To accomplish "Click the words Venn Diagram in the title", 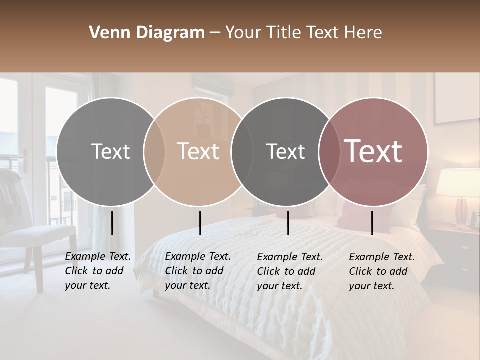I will tap(147, 33).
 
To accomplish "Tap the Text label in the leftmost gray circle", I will tap(110, 151).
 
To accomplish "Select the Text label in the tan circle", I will tap(198, 151).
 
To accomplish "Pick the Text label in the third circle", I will tap(285, 151).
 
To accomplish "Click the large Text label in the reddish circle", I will tap(373, 151).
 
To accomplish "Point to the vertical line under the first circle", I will tap(112, 223).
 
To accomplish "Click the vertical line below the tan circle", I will tap(200, 223).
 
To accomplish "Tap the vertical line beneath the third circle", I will tap(288, 223).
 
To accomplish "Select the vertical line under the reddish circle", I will tap(372, 223).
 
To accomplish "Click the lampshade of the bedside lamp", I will tap(458, 182).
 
